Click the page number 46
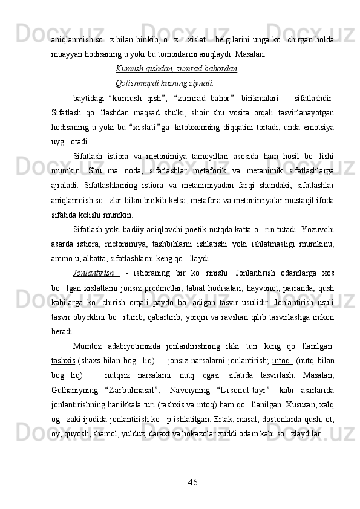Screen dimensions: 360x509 click(x=193, y=481)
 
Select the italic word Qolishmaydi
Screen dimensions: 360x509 click(x=135, y=83)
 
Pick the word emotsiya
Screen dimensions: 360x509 click(x=318, y=126)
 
